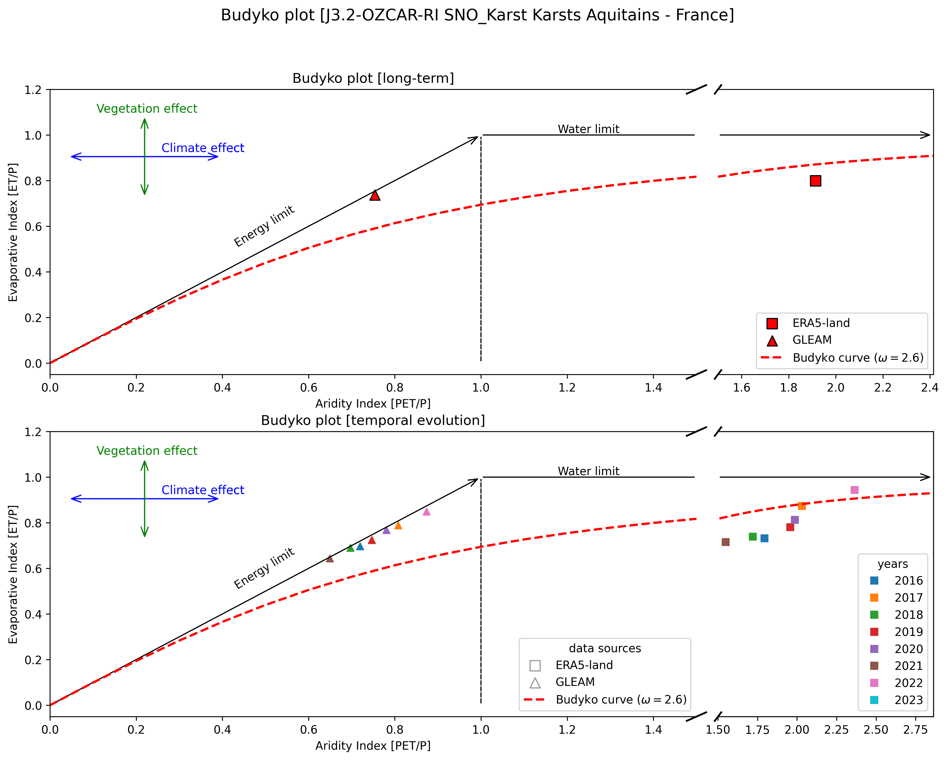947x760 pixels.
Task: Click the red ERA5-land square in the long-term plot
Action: coord(815,181)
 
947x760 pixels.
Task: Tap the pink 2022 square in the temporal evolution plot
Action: coord(854,490)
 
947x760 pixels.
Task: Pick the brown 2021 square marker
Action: coord(726,542)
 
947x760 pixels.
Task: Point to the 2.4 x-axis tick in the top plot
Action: coord(930,387)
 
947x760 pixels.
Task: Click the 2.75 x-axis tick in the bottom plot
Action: coord(915,730)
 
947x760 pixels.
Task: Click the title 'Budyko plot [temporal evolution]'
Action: coord(373,420)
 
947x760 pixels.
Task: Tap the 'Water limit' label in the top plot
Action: coord(588,129)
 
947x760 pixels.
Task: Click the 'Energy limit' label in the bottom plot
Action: coord(264,569)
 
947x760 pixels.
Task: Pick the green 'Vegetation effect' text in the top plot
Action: coord(147,109)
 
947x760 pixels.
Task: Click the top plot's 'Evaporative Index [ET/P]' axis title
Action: coord(13,232)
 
